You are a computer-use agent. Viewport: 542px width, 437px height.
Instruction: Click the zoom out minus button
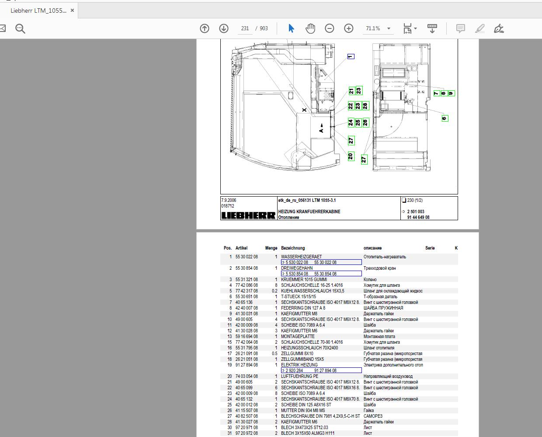[330, 28]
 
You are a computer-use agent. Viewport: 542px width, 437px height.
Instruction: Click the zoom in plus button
[348, 28]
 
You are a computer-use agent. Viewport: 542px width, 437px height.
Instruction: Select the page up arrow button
[205, 28]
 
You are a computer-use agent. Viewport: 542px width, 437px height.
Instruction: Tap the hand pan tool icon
[310, 28]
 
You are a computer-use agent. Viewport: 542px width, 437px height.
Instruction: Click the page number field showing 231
[245, 28]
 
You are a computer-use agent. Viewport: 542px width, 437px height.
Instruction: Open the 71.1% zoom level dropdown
[389, 28]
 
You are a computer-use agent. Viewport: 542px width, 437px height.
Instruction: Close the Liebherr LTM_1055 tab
[73, 11]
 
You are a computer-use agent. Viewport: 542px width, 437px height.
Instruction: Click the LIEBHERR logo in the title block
[248, 215]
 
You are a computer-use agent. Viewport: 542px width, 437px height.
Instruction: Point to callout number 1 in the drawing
[351, 56]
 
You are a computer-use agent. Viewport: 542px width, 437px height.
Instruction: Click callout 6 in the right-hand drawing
[445, 118]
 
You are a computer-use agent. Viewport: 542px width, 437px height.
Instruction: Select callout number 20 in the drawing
[351, 156]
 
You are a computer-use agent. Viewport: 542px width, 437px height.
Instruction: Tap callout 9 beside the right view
[452, 93]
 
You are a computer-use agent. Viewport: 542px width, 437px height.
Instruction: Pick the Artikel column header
[241, 248]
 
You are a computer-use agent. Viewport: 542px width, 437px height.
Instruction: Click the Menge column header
[271, 248]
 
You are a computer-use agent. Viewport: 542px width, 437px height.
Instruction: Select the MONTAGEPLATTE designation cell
[298, 336]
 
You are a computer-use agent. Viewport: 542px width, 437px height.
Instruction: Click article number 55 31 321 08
[247, 279]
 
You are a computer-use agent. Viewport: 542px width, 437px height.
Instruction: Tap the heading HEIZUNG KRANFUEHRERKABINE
[309, 211]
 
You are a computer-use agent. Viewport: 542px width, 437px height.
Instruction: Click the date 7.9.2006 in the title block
[229, 200]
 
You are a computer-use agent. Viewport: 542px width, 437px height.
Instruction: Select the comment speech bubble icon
[460, 28]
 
